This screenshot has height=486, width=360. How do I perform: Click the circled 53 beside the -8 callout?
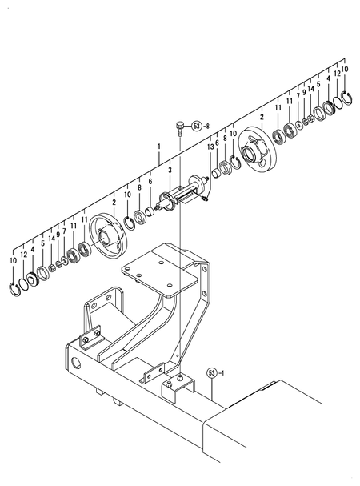197,127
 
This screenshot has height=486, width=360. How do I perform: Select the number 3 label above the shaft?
170,170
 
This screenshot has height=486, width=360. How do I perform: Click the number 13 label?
210,147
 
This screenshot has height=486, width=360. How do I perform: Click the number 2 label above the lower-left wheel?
114,203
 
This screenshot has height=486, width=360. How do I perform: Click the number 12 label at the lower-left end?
22,254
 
